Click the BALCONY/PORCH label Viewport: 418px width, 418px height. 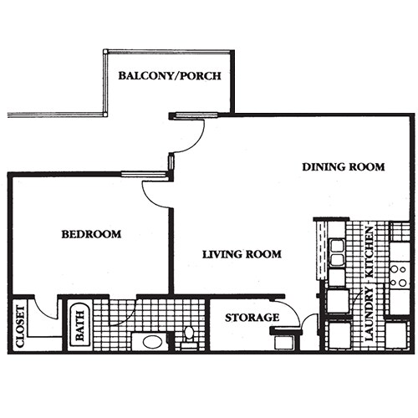click(x=170, y=76)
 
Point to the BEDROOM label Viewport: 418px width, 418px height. click(x=91, y=234)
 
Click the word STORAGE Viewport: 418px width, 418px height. click(x=252, y=318)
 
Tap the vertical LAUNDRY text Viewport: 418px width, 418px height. click(x=369, y=317)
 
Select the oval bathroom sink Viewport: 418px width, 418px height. click(x=152, y=341)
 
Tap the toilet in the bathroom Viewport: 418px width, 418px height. click(x=189, y=335)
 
